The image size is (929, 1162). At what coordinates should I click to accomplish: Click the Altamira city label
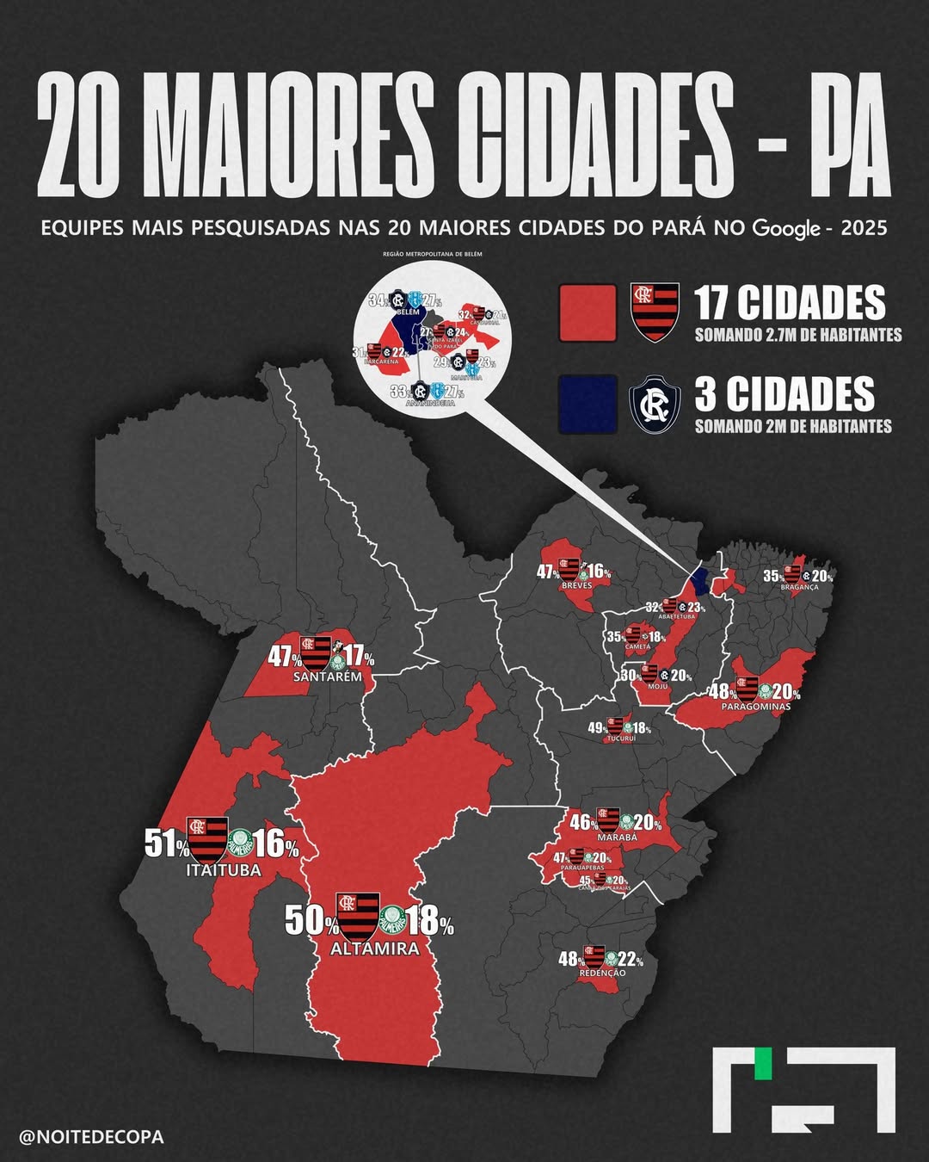[x=375, y=949]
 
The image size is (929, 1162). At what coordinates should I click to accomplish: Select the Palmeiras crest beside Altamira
[x=393, y=921]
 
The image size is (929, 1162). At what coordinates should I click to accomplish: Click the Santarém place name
[x=327, y=677]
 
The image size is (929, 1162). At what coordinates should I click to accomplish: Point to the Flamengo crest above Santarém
[x=317, y=654]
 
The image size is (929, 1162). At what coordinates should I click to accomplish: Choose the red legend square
[x=588, y=312]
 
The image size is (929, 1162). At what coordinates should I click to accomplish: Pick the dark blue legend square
[x=588, y=403]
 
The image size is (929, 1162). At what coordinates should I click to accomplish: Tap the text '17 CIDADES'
[x=790, y=303]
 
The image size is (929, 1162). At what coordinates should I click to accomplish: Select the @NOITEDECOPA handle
[x=90, y=1137]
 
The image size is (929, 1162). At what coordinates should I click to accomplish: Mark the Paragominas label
[x=755, y=707]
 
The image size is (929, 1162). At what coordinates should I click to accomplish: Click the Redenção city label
[x=602, y=973]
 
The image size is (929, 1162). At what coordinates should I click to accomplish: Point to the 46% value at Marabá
[x=583, y=822]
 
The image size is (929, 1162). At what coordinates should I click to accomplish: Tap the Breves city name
[x=575, y=585]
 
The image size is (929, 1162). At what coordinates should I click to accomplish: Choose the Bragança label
[x=799, y=587]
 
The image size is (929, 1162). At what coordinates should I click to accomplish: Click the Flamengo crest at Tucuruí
[x=616, y=726]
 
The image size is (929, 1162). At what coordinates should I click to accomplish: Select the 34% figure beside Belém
[x=378, y=301]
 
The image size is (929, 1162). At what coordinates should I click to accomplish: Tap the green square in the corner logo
[x=761, y=1063]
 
